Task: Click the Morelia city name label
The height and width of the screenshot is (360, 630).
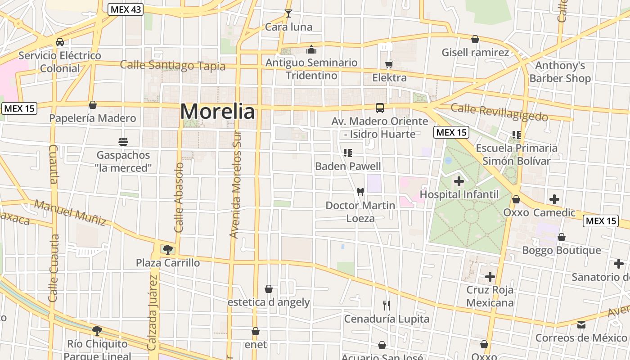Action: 217,111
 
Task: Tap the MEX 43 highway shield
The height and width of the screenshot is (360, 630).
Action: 125,9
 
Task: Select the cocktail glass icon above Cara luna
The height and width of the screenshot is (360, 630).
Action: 288,13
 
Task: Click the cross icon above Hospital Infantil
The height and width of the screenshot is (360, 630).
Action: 459,181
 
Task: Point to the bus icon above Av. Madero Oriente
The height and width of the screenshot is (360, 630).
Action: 380,108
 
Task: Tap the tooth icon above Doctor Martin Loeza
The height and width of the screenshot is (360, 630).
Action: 360,192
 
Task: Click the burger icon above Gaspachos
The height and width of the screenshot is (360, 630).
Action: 123,142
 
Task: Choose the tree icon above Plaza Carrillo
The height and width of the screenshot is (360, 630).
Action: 168,249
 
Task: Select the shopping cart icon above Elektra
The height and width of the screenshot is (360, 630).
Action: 389,65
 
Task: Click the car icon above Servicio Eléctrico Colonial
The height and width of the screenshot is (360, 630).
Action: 59,42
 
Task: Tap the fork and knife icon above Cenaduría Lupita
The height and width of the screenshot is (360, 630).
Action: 386,306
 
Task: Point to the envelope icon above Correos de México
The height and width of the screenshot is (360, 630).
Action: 581,324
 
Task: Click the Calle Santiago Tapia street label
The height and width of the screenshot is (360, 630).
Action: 172,65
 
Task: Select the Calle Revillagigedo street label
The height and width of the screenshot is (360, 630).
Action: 499,112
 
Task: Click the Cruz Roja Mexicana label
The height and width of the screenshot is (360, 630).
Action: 490,296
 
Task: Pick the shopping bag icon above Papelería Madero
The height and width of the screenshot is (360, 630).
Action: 93,105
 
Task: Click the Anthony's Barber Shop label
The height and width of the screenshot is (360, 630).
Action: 560,72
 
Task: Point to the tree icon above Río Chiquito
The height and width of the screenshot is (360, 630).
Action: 97,331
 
